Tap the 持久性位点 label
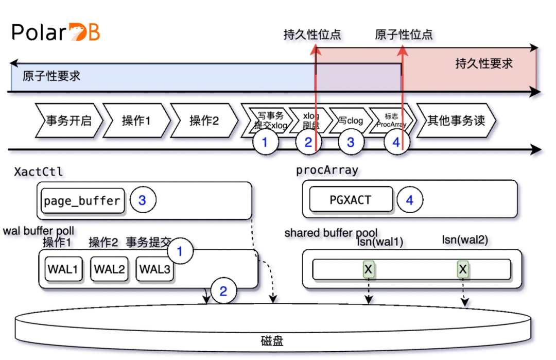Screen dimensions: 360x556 point(312,35)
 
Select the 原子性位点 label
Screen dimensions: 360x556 point(404,35)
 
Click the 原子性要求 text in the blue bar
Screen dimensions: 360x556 point(51,76)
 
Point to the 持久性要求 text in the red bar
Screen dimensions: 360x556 point(484,64)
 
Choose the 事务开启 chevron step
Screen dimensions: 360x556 point(68,121)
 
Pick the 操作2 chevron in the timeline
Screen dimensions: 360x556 point(204,121)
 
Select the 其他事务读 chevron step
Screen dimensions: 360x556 point(456,121)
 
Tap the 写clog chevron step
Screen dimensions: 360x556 point(351,121)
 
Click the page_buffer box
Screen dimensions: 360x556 point(82,200)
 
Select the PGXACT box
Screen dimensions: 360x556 point(350,200)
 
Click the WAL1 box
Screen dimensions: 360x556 point(63,269)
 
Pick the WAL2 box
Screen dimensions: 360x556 point(109,269)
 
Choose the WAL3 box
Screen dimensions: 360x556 point(155,269)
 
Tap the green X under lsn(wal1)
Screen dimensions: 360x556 point(368,268)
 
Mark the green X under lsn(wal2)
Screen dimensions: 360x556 point(463,268)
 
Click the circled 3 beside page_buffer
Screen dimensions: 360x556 point(142,200)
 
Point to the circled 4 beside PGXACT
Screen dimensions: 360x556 point(410,200)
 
